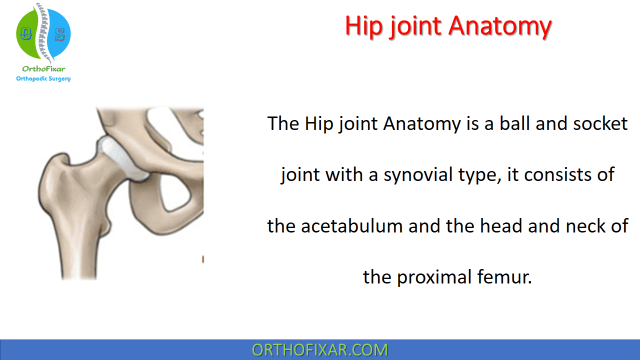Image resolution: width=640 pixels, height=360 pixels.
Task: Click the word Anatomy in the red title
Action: click(x=499, y=26)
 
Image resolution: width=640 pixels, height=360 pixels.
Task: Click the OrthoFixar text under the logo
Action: click(x=43, y=69)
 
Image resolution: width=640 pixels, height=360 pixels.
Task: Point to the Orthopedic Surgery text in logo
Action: click(x=43, y=78)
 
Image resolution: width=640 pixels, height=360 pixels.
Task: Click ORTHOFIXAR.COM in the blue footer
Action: click(x=320, y=350)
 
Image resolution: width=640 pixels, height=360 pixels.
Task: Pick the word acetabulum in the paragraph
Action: click(x=351, y=225)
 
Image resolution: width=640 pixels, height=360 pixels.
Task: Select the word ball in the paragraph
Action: click(x=514, y=123)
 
